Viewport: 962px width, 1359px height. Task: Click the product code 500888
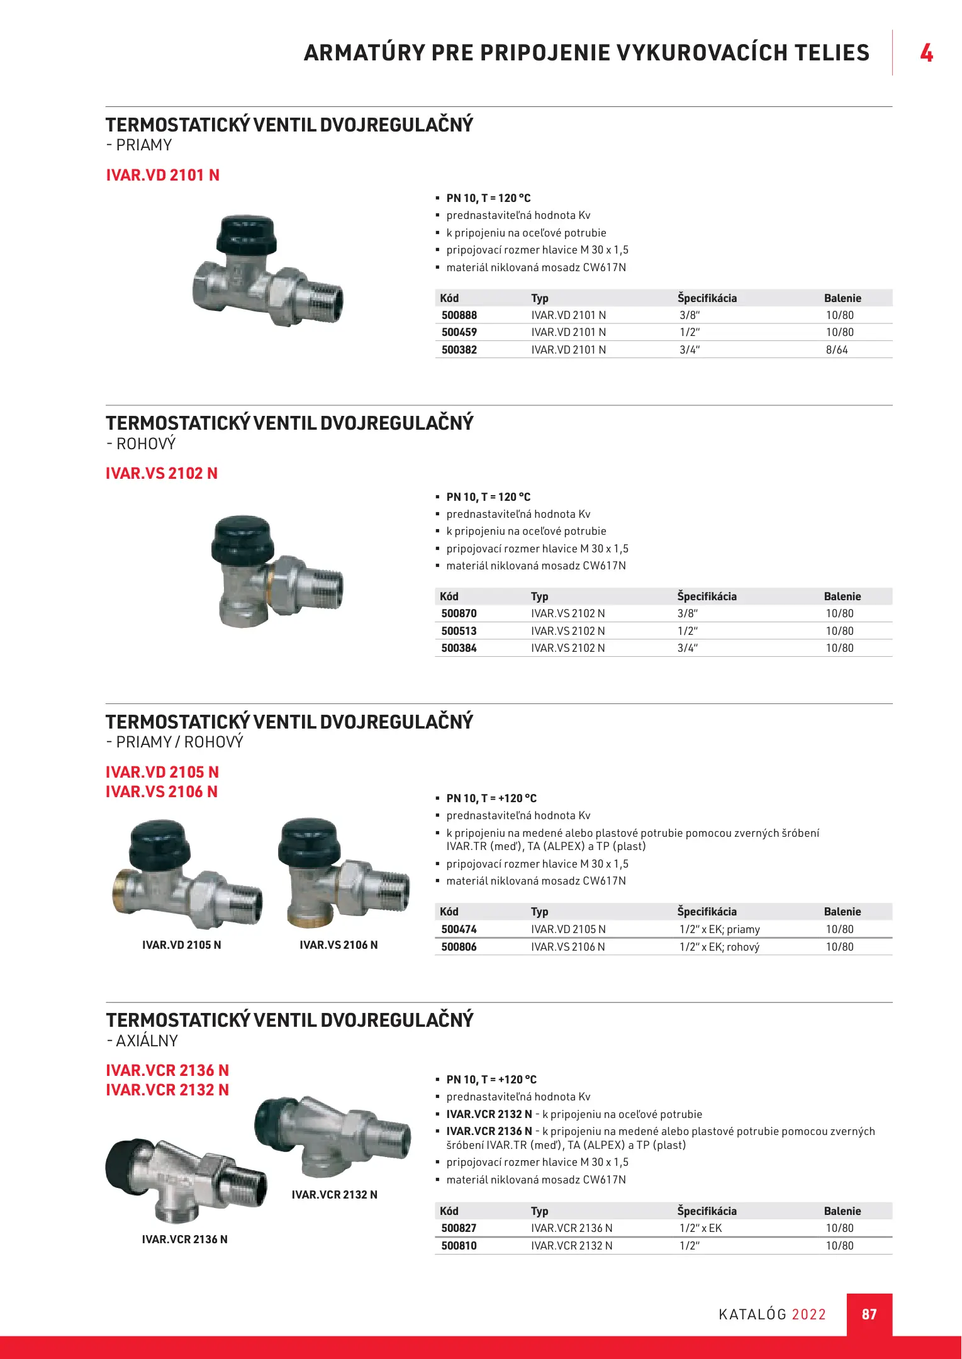[459, 315]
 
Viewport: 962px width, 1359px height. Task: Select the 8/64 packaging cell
[836, 350]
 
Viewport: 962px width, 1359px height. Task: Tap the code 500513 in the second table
[459, 631]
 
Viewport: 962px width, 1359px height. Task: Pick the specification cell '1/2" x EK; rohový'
[719, 947]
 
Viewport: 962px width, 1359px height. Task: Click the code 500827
[459, 1228]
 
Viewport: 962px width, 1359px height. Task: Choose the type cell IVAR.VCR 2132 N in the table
[571, 1246]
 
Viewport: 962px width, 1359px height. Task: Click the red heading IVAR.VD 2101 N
[162, 175]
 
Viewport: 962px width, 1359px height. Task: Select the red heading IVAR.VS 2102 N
[162, 473]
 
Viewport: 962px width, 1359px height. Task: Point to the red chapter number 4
[926, 53]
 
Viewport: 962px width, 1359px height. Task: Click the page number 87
[869, 1314]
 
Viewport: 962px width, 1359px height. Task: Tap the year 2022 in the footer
[808, 1314]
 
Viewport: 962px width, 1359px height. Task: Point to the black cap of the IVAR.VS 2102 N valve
[242, 539]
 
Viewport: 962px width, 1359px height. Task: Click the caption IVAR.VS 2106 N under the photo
[338, 945]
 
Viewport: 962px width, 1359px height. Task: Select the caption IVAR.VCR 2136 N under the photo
[184, 1239]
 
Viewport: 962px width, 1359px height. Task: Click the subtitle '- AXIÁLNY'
[142, 1041]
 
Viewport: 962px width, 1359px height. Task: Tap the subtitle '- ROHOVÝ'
[141, 444]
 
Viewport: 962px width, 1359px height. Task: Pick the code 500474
[459, 929]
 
